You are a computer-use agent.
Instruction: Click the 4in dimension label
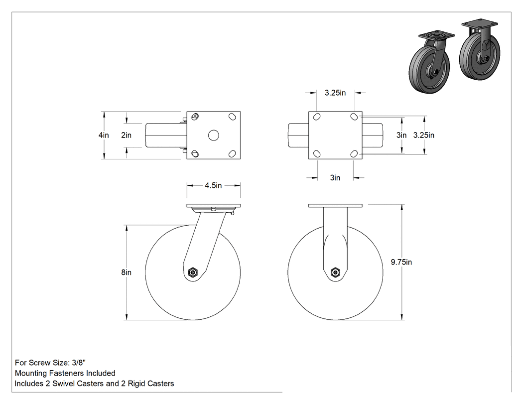pos(104,135)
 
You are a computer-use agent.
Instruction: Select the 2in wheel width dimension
pos(126,135)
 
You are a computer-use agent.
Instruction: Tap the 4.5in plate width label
pos(213,185)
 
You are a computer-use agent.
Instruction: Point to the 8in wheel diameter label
pos(126,272)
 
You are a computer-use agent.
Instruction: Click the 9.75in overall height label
pos(401,262)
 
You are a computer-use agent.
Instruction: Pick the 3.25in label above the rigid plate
pos(335,93)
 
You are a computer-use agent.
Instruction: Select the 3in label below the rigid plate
pos(335,177)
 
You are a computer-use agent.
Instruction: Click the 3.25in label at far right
pos(423,135)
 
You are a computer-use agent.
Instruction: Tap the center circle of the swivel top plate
pos(214,135)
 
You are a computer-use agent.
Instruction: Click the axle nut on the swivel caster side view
pos(192,272)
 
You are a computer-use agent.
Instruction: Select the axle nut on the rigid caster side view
pos(335,272)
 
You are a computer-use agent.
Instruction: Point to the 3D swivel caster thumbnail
pos(432,62)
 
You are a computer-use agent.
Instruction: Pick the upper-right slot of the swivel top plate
pos(232,117)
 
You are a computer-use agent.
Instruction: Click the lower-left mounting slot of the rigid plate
pos(316,153)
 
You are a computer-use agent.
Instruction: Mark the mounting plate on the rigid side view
pos(335,206)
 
